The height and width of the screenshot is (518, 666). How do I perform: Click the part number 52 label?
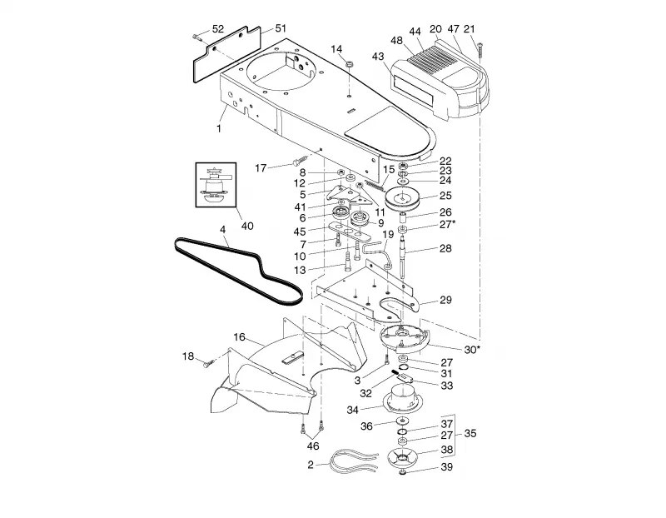pos(217,29)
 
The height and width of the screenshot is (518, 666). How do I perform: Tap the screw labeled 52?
pos(197,37)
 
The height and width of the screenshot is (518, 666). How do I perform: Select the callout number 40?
pos(247,226)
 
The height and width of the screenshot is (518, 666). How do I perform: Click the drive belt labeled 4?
pos(238,272)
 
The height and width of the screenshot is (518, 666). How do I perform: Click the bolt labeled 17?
pos(301,161)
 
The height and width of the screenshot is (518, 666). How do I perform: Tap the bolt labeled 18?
pos(210,363)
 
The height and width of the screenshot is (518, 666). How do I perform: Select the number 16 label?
pos(239,337)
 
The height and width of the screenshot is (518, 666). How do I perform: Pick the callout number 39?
pos(446,467)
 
